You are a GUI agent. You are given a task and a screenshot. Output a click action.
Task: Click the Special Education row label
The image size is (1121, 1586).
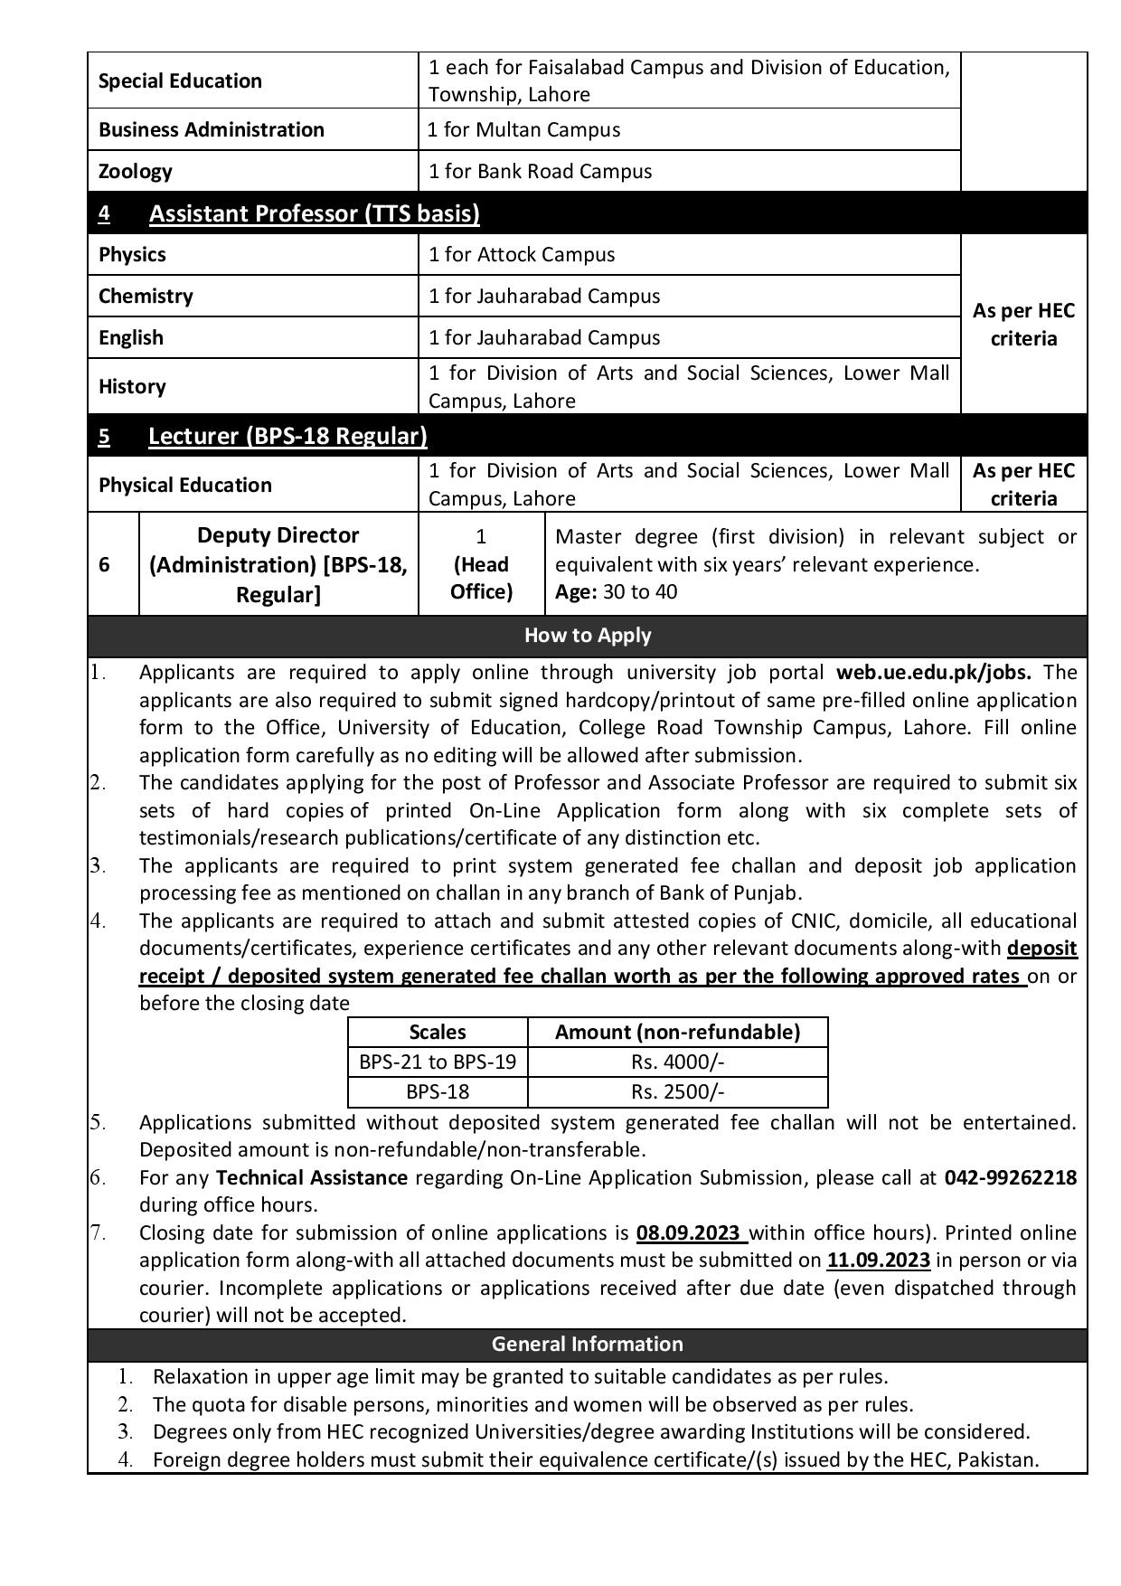pos(180,80)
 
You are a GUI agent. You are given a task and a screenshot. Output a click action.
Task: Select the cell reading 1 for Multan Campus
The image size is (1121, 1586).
pos(524,129)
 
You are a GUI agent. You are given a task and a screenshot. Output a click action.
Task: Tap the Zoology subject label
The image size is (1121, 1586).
pos(136,171)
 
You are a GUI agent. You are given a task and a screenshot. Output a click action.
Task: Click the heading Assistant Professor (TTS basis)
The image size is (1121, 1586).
pos(314,213)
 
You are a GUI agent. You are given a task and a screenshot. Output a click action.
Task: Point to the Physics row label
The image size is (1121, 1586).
pos(132,254)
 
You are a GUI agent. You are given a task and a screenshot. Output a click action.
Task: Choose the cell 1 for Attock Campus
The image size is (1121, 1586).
pos(522,254)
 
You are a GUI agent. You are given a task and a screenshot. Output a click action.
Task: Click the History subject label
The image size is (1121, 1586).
pos(132,386)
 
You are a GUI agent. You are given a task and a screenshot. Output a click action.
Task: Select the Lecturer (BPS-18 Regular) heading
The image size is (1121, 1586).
pos(287,436)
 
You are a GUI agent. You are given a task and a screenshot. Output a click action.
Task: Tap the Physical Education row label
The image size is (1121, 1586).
pos(184,485)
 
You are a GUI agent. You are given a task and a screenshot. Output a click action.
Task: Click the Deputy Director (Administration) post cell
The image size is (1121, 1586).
pos(278,564)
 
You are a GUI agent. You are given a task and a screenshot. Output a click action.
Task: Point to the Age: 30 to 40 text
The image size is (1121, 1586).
pos(616,592)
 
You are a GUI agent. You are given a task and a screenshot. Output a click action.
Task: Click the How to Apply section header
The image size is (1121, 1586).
pos(588,635)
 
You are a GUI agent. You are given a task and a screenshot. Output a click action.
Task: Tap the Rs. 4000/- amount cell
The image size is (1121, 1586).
pos(677,1062)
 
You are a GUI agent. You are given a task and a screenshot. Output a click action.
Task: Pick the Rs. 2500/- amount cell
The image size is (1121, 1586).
pos(677,1091)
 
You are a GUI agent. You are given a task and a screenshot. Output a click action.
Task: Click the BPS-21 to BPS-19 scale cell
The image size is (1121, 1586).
pos(438,1062)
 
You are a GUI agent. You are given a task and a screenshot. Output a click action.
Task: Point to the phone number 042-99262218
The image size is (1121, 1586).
pos(1011,1177)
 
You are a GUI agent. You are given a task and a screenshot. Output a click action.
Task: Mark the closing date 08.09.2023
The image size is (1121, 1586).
pos(691,1232)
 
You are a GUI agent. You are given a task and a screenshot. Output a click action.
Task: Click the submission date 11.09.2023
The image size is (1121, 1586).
pos(878,1260)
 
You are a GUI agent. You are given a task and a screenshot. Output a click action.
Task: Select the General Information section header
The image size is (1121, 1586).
pos(588,1344)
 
